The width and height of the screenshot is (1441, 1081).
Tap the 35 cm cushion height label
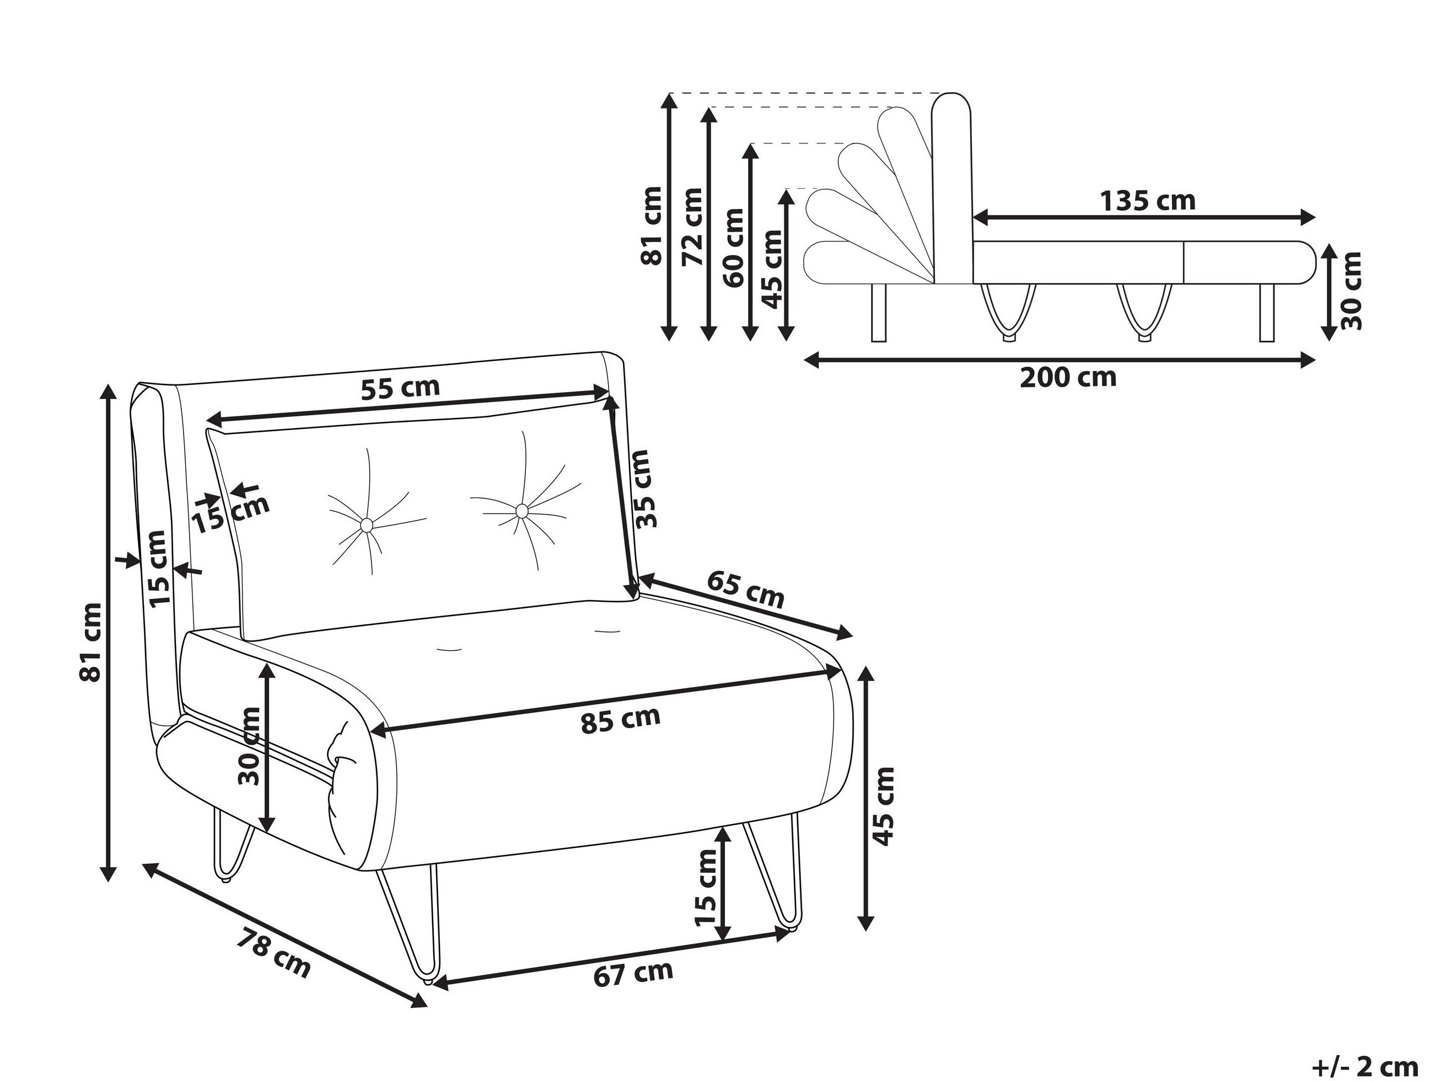pos(643,489)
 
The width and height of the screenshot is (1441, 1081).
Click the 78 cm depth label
pos(273,952)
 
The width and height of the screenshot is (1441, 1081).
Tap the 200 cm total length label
pos(1068,377)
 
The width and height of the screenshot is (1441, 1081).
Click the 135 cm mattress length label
pos(1148,201)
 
